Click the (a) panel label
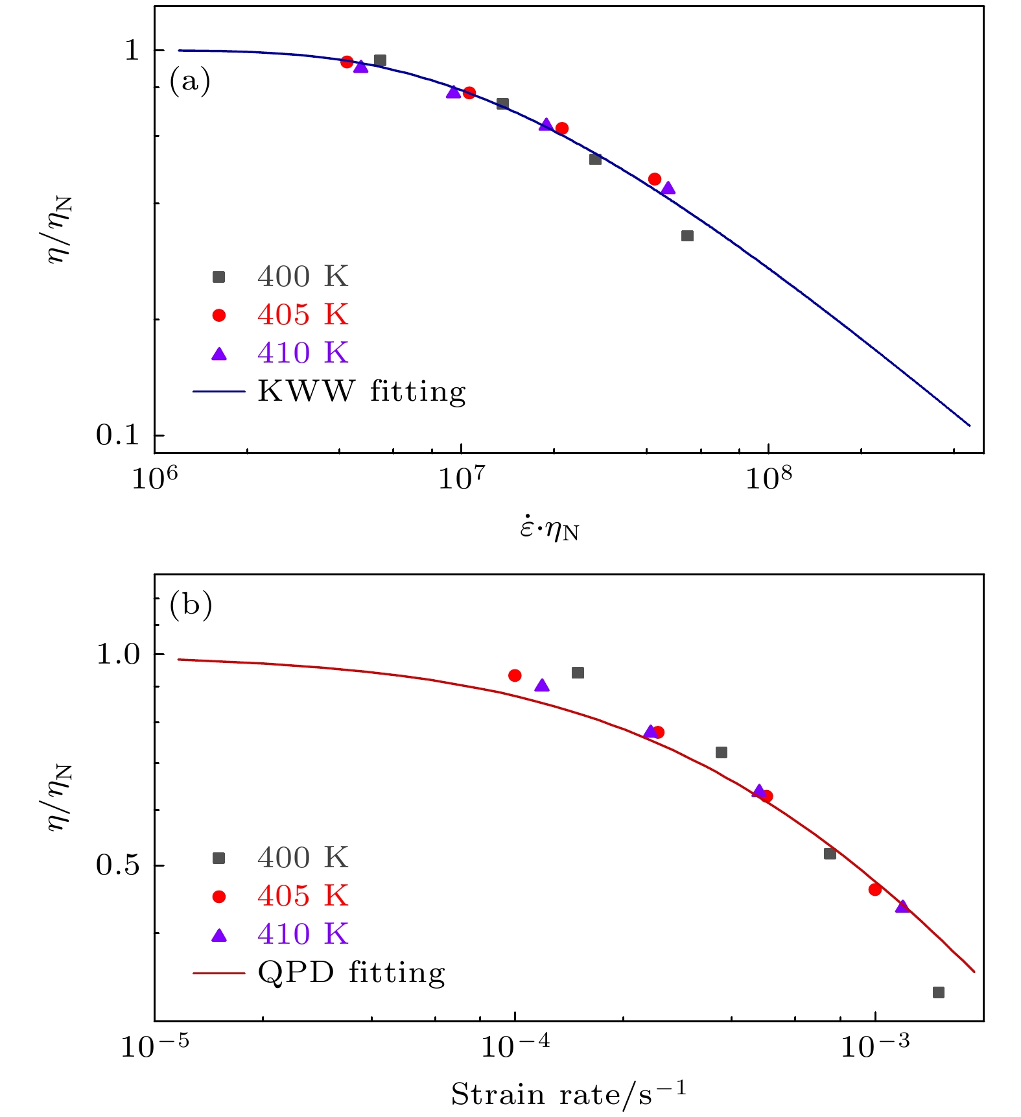click(190, 82)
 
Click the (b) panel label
click(191, 605)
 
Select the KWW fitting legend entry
click(361, 392)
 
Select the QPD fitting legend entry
click(351, 973)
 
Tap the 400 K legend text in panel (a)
click(303, 277)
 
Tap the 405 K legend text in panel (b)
click(303, 896)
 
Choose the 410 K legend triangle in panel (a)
click(219, 354)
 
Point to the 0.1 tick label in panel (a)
click(118, 435)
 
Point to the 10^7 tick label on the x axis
click(462, 479)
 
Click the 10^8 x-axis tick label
click(769, 479)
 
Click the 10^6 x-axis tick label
click(154, 479)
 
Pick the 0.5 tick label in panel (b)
click(118, 865)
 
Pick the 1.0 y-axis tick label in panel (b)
click(118, 655)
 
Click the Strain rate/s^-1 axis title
click(569, 1094)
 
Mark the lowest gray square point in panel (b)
click(938, 992)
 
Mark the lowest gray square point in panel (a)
click(687, 236)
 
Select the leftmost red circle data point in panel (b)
click(515, 676)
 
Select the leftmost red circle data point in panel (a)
click(347, 62)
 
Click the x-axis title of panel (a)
click(549, 531)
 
